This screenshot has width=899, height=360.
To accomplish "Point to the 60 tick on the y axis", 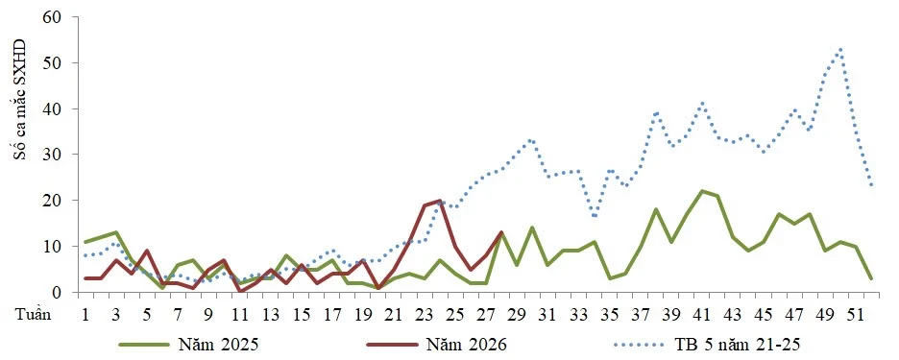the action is coord(52,17).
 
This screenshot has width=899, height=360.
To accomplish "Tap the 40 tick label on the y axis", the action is coord(52,108).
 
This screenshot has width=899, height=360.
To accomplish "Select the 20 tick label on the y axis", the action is coord(52,201).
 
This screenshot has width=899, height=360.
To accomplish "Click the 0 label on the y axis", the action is coord(58,293).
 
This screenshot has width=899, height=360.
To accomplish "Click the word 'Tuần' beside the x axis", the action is coord(33,315).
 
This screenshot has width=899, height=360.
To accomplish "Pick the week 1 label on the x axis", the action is coord(86,315).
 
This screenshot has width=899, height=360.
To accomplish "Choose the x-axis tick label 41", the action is coord(701,315).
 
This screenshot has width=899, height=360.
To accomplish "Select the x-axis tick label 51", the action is coord(856,315).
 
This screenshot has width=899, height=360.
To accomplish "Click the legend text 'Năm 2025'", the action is coord(218,344).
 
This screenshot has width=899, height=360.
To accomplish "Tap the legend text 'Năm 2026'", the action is coord(466,344).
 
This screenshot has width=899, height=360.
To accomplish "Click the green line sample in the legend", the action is coord(143,345).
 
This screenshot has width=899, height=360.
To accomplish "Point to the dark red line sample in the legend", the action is coord(392,345).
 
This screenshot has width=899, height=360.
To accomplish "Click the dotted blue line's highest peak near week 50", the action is coord(840,49).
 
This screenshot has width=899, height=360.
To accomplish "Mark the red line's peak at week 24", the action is coord(440,200).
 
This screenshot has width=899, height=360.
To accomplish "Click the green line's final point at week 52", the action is coord(871,278).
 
